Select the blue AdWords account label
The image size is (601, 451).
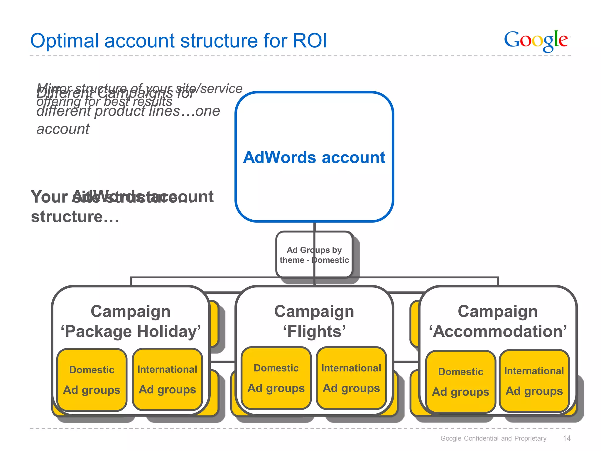(314, 157)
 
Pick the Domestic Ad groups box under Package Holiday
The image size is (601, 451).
(92, 380)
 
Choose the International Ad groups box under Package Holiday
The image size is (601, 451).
(167, 379)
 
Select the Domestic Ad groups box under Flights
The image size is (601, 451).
(276, 378)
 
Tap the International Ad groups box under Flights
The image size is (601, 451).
(351, 378)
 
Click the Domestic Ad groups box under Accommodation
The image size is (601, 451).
(460, 381)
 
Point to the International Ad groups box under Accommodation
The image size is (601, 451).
(534, 381)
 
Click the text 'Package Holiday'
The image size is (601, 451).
(131, 331)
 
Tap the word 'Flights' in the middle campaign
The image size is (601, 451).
(314, 331)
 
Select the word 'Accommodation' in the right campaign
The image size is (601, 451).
(498, 331)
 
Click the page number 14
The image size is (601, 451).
(567, 438)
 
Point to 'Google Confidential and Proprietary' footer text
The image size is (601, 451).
(493, 438)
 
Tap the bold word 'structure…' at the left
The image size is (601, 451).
(75, 217)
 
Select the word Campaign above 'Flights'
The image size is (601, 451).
(314, 311)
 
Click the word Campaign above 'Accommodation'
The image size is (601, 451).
(498, 311)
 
